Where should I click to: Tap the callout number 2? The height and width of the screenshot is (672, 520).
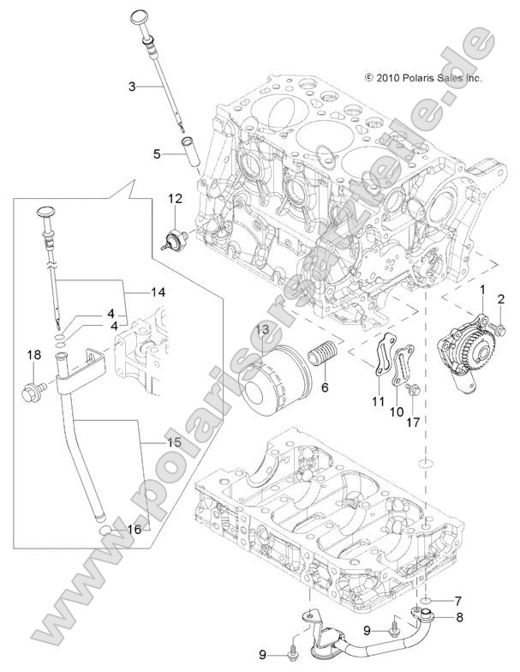pos(502,298)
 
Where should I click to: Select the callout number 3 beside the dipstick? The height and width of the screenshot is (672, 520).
pos(132,86)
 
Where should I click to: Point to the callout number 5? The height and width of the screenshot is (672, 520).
pos(157,154)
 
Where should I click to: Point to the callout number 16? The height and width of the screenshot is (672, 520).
pos(134,531)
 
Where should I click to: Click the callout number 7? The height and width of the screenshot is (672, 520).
pos(457,600)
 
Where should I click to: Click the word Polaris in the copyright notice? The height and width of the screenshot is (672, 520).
pos(420,77)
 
